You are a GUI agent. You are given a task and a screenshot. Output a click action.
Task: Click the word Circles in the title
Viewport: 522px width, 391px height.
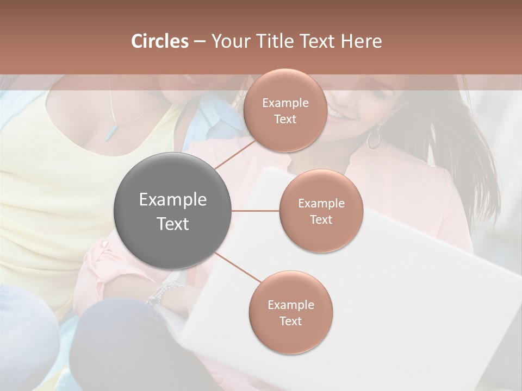pos(160,41)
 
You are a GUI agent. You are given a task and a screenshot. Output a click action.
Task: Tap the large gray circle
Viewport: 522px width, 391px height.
pos(173,211)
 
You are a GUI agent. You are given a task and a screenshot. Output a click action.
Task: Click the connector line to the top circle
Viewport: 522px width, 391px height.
pos(234,154)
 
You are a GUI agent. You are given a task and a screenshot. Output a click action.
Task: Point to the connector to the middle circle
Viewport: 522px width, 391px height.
pos(256,211)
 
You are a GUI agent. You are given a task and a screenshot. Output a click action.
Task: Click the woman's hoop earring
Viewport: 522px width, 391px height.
pos(374,139)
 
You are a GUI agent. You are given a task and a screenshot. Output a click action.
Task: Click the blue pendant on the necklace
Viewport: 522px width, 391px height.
pos(111,131)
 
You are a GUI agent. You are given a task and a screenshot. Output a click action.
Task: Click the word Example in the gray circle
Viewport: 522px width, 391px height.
pos(173,200)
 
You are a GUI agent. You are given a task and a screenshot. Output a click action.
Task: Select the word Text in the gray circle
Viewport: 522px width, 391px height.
pos(173,224)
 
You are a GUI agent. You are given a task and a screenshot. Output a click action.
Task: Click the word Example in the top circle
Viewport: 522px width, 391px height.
pos(285,103)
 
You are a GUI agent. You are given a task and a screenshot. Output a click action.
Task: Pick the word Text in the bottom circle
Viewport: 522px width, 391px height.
pos(290,321)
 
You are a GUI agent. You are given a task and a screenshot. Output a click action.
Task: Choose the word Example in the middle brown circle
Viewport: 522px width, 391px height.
pos(321,204)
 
